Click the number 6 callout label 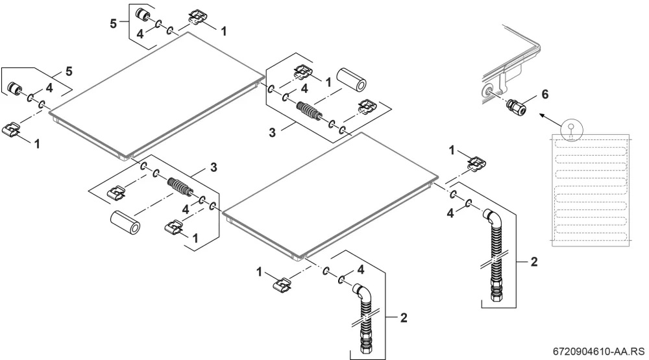pyautogui.click(x=545, y=95)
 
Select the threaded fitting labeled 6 pyautogui.click(x=516, y=106)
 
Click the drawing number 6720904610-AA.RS pyautogui.click(x=599, y=352)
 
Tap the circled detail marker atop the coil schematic pyautogui.click(x=571, y=129)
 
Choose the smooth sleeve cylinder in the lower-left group pyautogui.click(x=125, y=223)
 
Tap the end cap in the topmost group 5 pyautogui.click(x=143, y=14)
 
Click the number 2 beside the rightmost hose pyautogui.click(x=534, y=261)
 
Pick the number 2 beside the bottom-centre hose pyautogui.click(x=404, y=317)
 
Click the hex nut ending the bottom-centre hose pyautogui.click(x=366, y=348)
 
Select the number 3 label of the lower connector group pyautogui.click(x=214, y=167)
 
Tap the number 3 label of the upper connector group pyautogui.click(x=272, y=132)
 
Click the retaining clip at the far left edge pyautogui.click(x=11, y=129)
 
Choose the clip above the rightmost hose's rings pyautogui.click(x=476, y=163)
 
